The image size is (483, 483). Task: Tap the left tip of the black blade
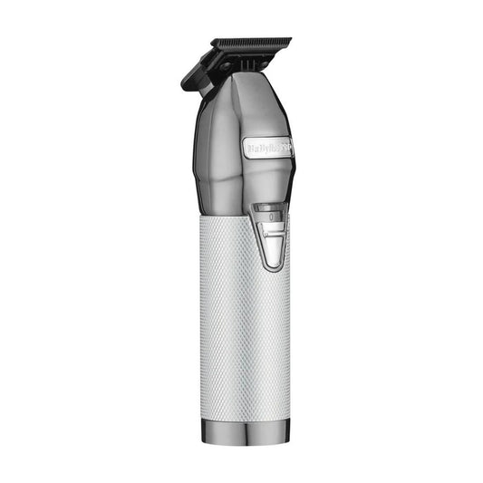pyautogui.click(x=212, y=42)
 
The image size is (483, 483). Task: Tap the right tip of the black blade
pyautogui.click(x=290, y=40)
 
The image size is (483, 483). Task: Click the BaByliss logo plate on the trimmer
pyautogui.click(x=268, y=144)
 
